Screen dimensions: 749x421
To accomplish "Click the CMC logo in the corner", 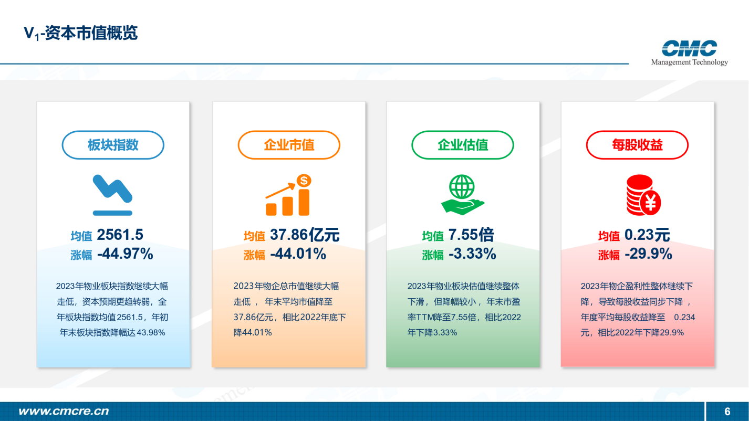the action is pyautogui.click(x=689, y=52).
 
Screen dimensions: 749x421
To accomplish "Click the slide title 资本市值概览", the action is pyautogui.click(x=91, y=33).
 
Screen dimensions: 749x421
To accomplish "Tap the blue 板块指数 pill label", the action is pyautogui.click(x=113, y=145).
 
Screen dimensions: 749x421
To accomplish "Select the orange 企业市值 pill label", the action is pyautogui.click(x=289, y=145).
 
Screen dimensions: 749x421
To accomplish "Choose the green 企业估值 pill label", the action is pyautogui.click(x=463, y=145).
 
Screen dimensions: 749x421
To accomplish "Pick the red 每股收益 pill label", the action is pyautogui.click(x=637, y=145).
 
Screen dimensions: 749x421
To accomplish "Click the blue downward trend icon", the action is pyautogui.click(x=113, y=195).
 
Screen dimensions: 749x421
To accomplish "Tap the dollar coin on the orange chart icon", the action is pyautogui.click(x=304, y=181).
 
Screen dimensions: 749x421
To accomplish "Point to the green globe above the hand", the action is pyautogui.click(x=462, y=187).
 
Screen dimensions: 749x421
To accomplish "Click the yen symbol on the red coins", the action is pyautogui.click(x=650, y=203).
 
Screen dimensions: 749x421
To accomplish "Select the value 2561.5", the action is pyautogui.click(x=120, y=235).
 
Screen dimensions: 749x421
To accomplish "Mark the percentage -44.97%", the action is pyautogui.click(x=125, y=254).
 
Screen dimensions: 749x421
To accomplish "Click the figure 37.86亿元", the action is pyautogui.click(x=305, y=235).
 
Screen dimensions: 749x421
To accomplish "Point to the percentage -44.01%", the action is pyautogui.click(x=298, y=254).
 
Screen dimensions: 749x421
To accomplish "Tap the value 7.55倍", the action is pyautogui.click(x=471, y=235).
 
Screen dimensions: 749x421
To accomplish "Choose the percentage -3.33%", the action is pyautogui.click(x=473, y=254).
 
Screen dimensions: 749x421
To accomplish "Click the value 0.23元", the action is pyautogui.click(x=647, y=235).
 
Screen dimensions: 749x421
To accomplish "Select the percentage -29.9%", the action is pyautogui.click(x=648, y=254).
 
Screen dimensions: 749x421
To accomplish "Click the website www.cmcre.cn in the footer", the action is pyautogui.click(x=64, y=412).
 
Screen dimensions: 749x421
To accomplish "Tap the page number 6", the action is pyautogui.click(x=727, y=412).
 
